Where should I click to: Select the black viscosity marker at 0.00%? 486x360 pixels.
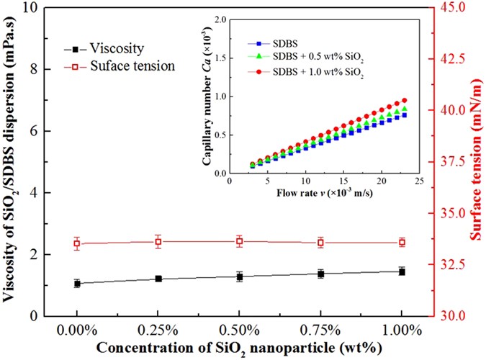[x=77, y=284]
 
